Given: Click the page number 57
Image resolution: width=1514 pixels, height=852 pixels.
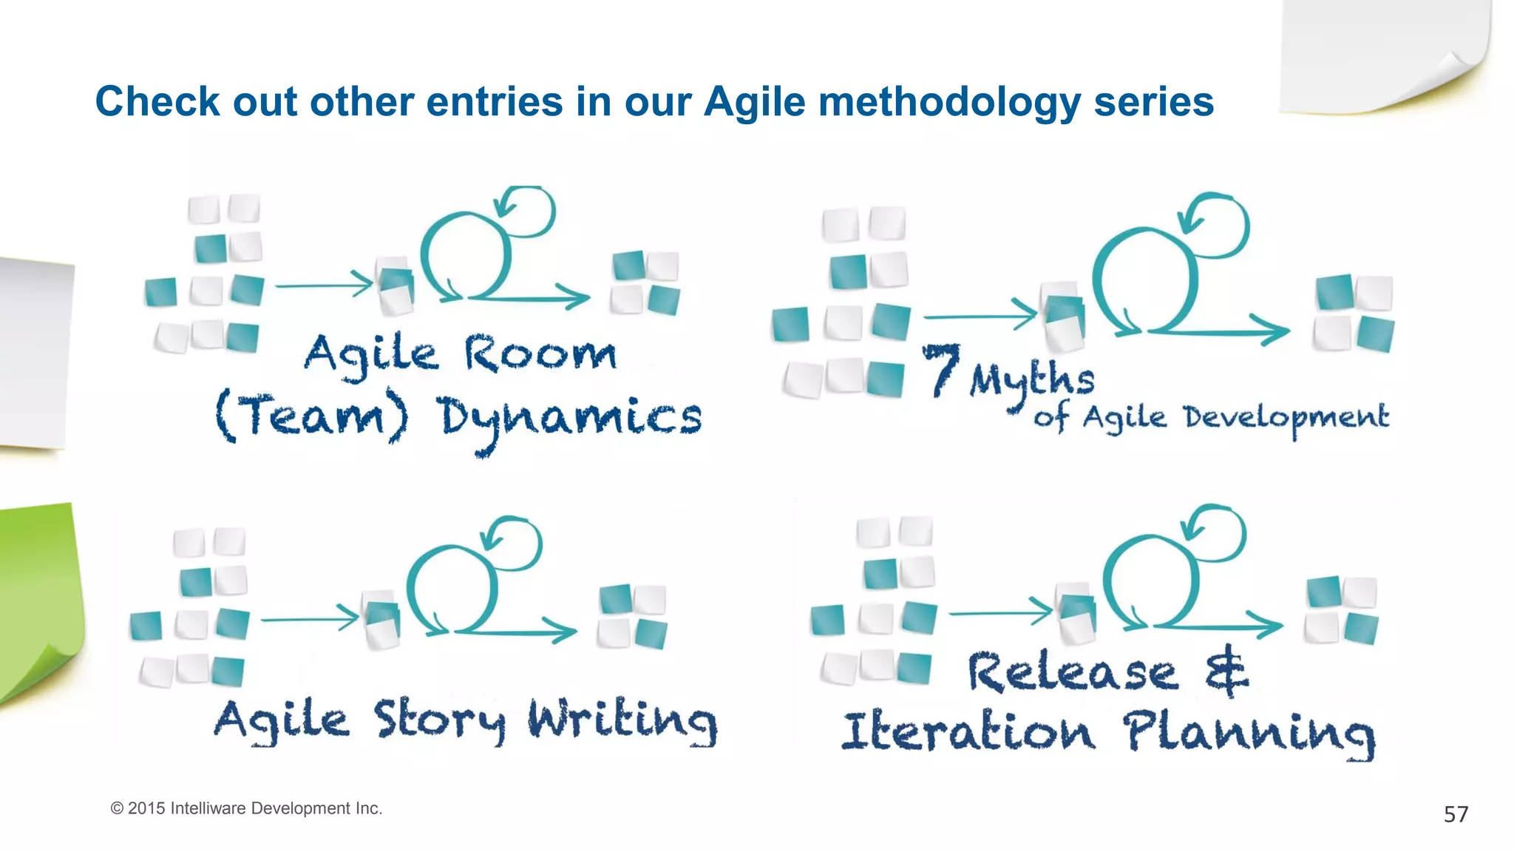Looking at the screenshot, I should point(1456,814).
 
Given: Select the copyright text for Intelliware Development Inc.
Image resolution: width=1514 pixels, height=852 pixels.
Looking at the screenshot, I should point(246,808).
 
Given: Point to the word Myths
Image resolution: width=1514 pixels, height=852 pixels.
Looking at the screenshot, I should point(1032,381).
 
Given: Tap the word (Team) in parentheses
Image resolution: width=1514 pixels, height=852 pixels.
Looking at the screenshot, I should point(311,416).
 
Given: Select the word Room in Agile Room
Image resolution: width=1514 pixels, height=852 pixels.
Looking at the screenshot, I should point(540,354).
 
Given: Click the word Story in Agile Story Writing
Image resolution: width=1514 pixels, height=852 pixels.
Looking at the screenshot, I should point(439,720).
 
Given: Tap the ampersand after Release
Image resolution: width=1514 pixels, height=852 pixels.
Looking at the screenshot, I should point(1226,670).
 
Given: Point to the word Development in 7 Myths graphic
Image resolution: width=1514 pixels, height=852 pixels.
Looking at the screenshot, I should point(1286,419).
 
